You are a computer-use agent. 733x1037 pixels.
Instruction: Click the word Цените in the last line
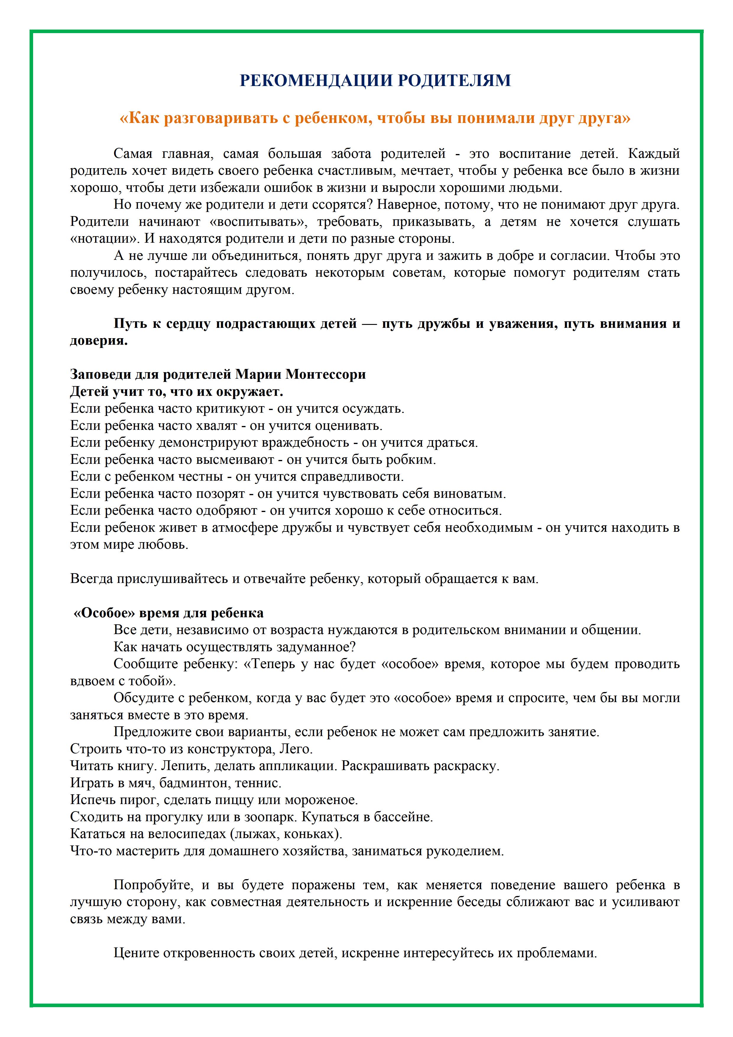[x=136, y=953]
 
